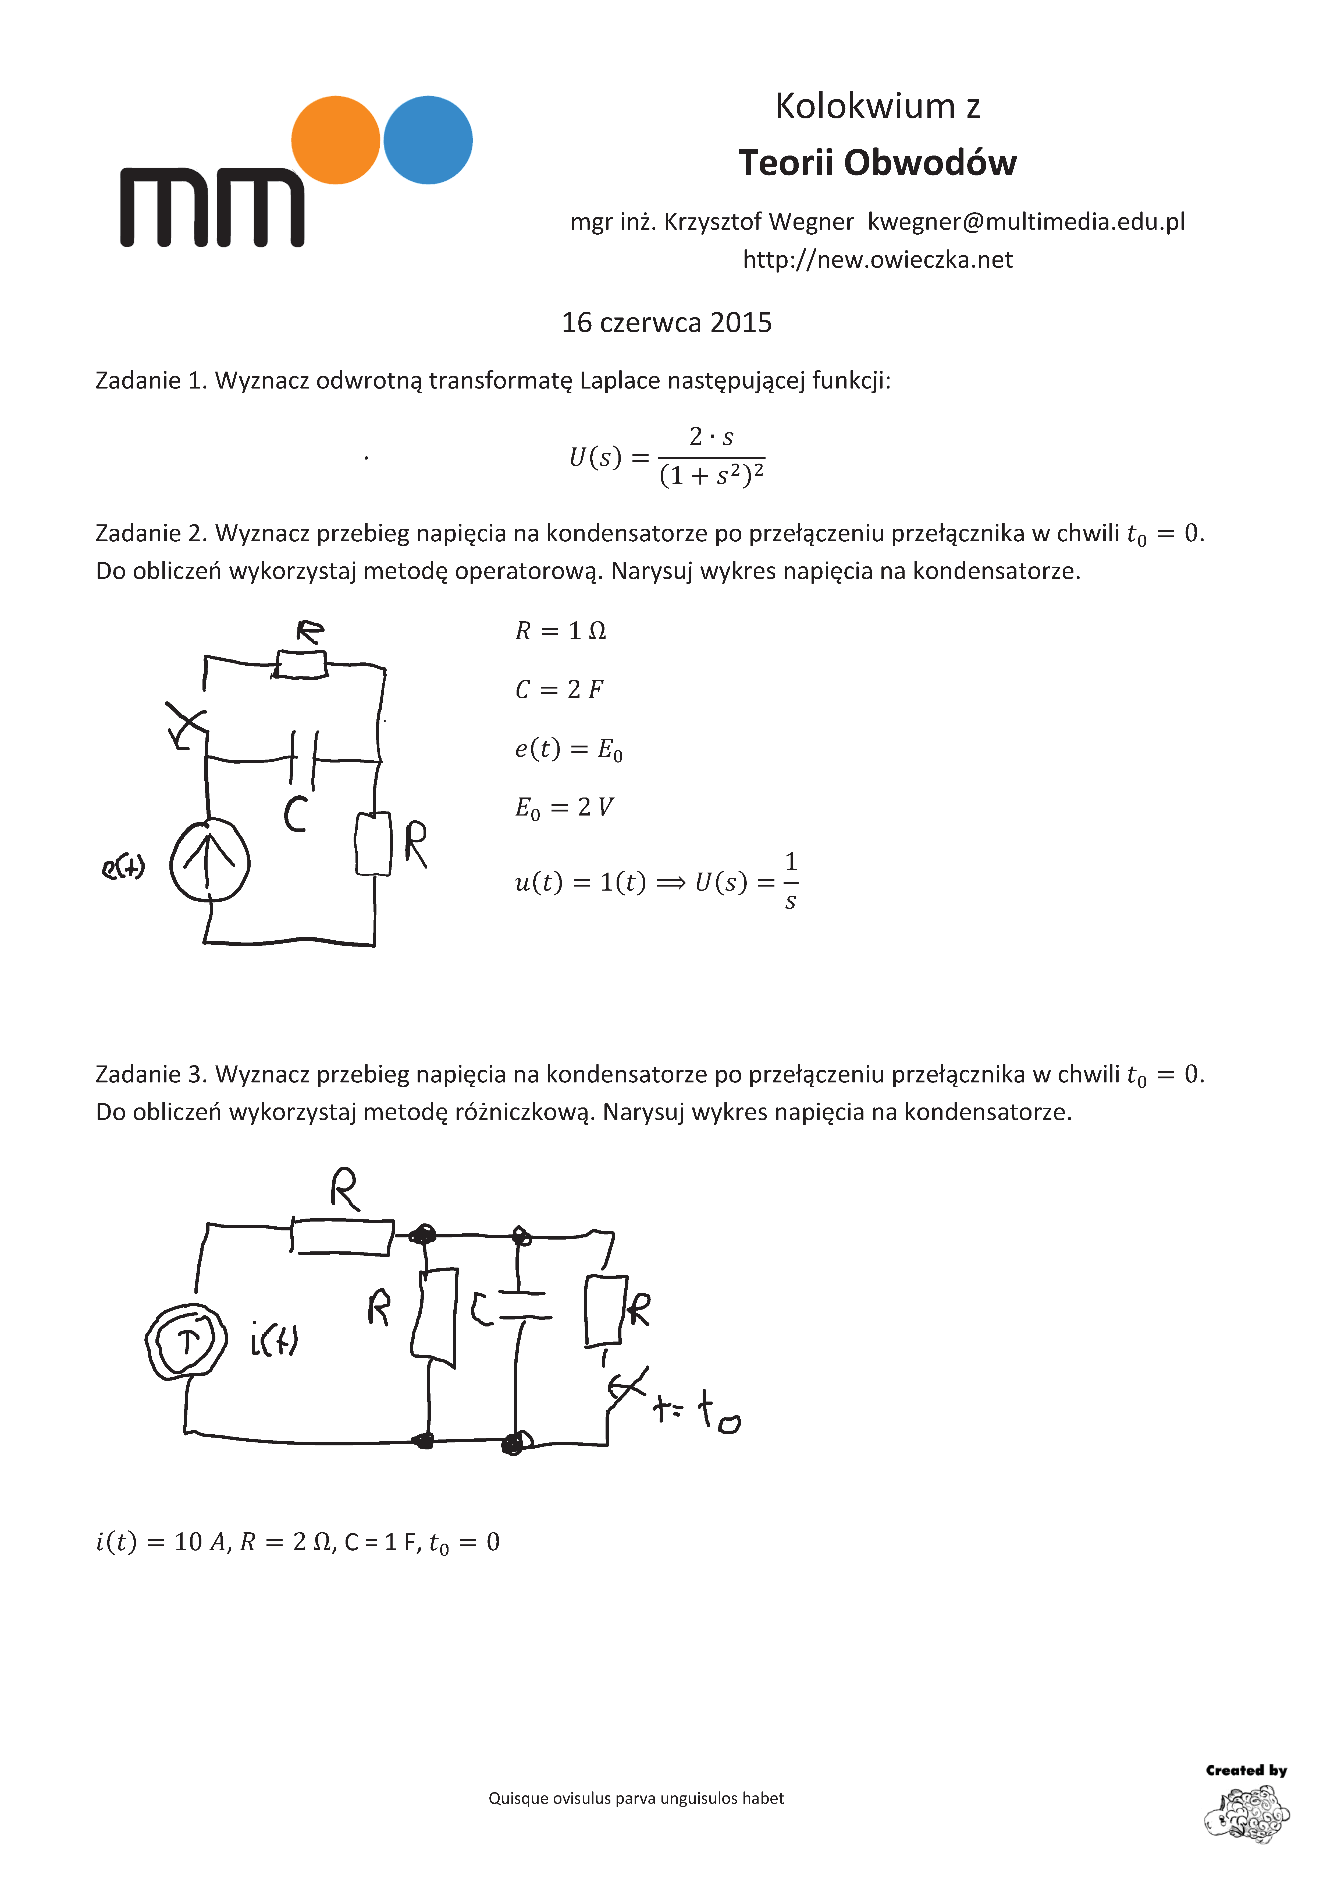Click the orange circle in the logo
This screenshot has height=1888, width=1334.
coord(335,140)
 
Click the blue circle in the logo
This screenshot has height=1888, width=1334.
coord(428,140)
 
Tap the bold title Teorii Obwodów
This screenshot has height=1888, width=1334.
coord(877,163)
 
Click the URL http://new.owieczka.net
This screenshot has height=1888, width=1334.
coord(877,260)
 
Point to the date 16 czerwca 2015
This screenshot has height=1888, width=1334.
coord(667,322)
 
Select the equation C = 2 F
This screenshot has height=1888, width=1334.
coord(559,689)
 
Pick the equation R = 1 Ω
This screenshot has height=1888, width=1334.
coord(561,631)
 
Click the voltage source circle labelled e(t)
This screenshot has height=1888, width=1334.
coord(209,861)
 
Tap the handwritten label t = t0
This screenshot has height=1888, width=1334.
coord(697,1411)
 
